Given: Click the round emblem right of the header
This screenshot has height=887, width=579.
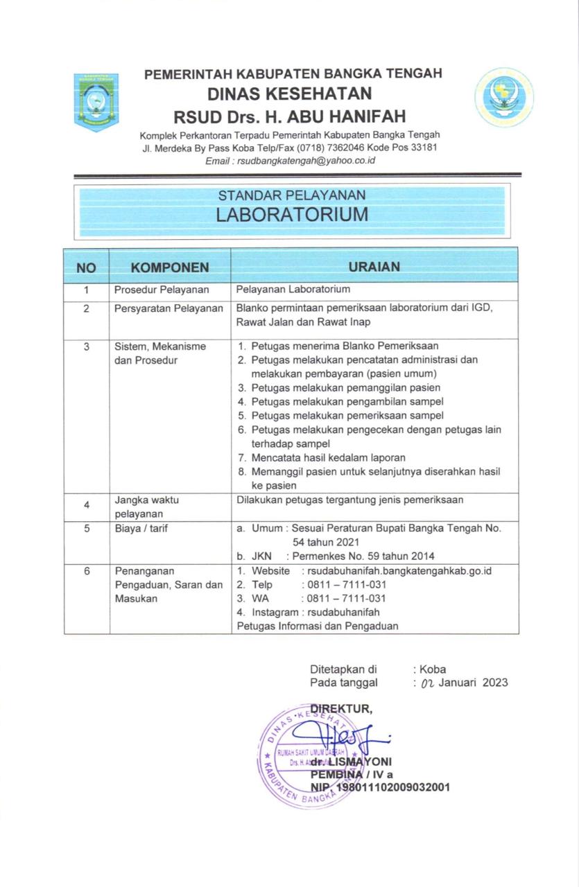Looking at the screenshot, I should point(504,97).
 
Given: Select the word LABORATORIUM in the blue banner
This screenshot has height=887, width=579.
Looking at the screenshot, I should point(292,214).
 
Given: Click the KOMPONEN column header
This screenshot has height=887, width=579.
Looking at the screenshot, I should point(170,267).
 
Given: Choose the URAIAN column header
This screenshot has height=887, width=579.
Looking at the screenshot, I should point(374,266).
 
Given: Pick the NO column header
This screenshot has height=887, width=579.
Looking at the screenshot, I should point(86,267).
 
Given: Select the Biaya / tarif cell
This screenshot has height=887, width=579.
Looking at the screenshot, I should point(141,528).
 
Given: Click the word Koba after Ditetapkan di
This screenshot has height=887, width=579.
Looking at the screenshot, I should point(433,669).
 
